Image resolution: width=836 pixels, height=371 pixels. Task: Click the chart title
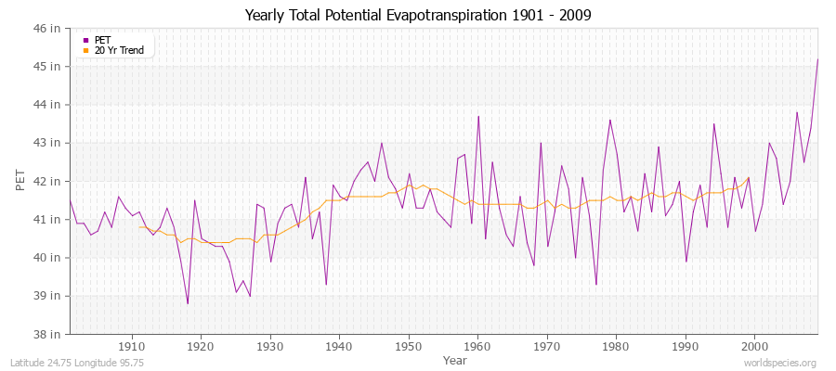(x=417, y=15)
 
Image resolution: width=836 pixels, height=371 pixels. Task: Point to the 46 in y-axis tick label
(x=48, y=29)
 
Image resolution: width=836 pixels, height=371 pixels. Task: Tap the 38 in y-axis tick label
(x=48, y=334)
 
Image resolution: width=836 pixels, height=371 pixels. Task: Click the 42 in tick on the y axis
(x=48, y=181)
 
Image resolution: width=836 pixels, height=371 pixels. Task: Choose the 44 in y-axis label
(x=48, y=105)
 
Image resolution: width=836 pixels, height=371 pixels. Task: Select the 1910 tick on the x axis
(x=132, y=346)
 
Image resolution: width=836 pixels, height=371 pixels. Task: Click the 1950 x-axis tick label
(x=408, y=346)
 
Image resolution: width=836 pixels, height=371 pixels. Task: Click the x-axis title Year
(x=455, y=359)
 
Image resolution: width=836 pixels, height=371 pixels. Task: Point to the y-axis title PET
(x=20, y=181)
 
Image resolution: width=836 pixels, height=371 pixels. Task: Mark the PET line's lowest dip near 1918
(x=188, y=303)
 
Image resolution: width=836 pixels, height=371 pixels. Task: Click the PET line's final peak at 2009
(x=817, y=59)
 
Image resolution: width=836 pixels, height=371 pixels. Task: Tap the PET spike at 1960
(x=478, y=116)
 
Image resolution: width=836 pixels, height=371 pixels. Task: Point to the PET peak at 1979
(x=609, y=120)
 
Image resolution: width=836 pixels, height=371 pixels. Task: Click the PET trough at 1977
(x=595, y=284)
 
